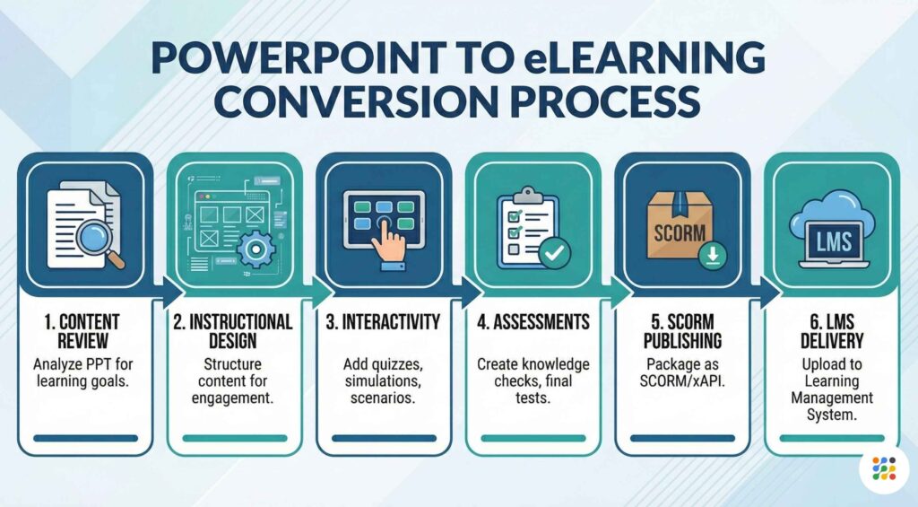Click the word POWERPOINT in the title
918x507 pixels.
coord(299,57)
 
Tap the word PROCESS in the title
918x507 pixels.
coord(605,101)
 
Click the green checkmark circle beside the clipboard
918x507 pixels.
coord(554,253)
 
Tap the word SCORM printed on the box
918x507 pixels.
coord(680,232)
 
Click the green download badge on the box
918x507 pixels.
coord(713,256)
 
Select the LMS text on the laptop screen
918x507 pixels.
coord(834,240)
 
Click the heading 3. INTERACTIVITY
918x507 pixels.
coord(383,322)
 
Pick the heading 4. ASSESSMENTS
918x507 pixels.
coord(533,322)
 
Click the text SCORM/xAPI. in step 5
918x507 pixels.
coord(682,381)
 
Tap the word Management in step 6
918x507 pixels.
coord(831,398)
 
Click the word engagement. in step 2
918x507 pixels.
coord(232,398)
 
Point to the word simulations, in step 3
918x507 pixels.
coord(383,381)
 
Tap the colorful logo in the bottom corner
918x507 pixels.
coord(884,469)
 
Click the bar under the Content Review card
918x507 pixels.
coord(85,439)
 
